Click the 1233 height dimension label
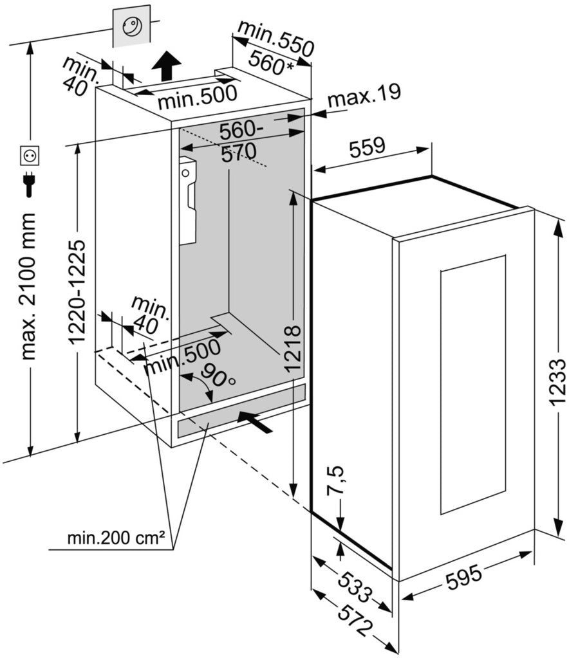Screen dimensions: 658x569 pos(557,371)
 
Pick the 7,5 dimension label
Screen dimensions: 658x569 pos(340,481)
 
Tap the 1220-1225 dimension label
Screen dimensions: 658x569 pos(77,293)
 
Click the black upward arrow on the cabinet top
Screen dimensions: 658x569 pos(168,66)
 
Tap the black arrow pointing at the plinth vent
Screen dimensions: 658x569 pos(256,421)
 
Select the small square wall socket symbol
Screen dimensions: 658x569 pos(30,155)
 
